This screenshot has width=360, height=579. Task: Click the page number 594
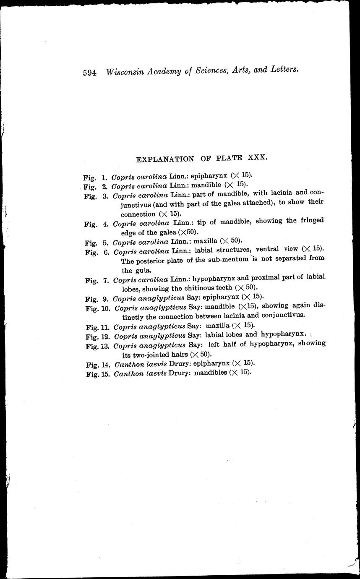click(90, 72)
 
